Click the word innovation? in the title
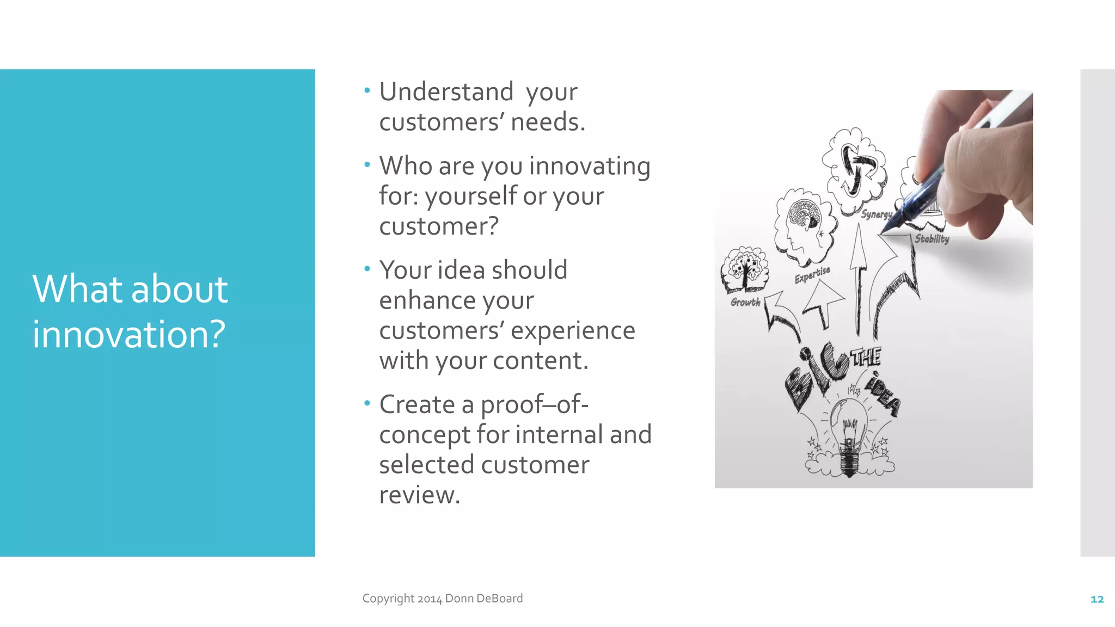tap(129, 334)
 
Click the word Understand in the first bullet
tap(446, 91)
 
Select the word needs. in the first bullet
tap(548, 121)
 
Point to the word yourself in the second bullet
tap(471, 196)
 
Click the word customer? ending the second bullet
tap(439, 226)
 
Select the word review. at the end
tap(420, 495)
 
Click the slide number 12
tap(1097, 599)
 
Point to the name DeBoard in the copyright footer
tap(499, 598)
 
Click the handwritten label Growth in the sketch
tap(745, 302)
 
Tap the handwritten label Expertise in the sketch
tap(812, 275)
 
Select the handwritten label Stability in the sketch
tap(932, 239)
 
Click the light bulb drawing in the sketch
tap(848, 435)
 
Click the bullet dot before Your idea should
tap(367, 268)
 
